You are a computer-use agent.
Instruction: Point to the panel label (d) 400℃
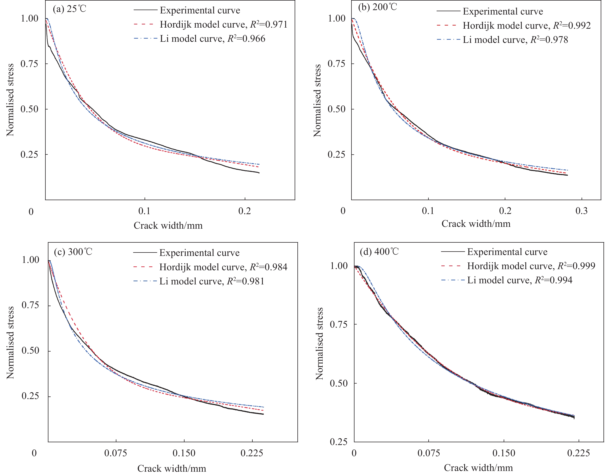click(x=379, y=251)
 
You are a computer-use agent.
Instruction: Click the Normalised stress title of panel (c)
click(x=10, y=343)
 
